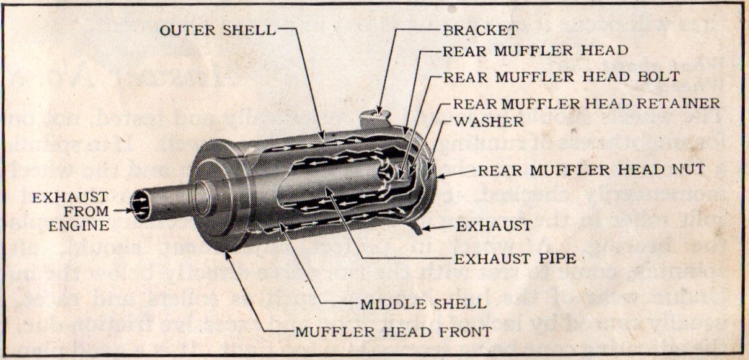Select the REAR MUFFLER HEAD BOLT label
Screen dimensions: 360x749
tap(561, 77)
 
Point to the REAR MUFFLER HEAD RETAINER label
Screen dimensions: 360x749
tap(587, 103)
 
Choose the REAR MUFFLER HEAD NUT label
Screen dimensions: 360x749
tap(591, 167)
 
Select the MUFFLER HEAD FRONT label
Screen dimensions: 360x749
tap(393, 331)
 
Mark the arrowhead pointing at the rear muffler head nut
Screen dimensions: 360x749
tap(440, 175)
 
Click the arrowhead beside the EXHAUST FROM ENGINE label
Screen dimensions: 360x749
tap(130, 211)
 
